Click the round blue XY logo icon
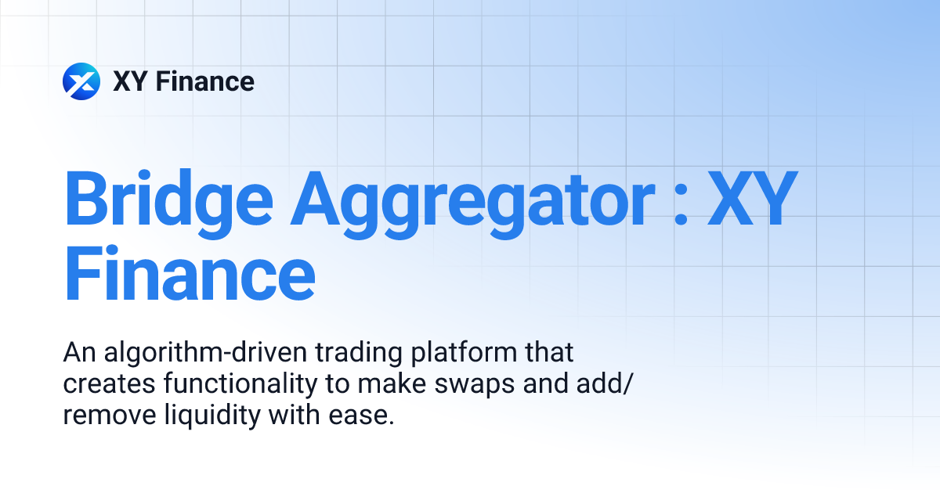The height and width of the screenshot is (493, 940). point(81,81)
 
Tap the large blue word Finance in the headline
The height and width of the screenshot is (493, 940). point(190,275)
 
